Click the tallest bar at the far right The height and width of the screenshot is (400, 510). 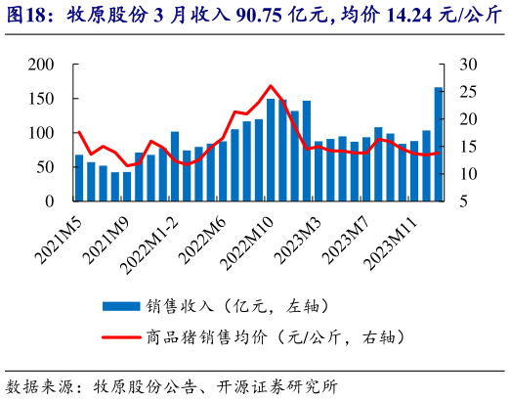(x=438, y=144)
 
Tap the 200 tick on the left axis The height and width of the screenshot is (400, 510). (x=42, y=65)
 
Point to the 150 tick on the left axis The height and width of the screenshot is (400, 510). (x=42, y=99)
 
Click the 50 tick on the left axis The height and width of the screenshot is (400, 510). (x=46, y=167)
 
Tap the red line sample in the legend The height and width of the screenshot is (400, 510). (x=122, y=335)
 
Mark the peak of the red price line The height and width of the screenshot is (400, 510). (x=271, y=86)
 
